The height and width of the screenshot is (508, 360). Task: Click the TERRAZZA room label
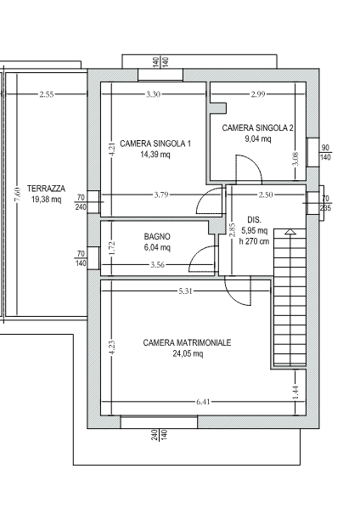click(x=46, y=189)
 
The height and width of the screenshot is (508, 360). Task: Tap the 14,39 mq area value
click(x=155, y=155)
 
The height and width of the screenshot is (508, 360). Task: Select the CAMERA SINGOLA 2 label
click(x=258, y=128)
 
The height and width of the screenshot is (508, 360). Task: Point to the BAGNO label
click(x=157, y=236)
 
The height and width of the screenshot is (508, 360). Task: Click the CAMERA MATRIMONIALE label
click(x=187, y=342)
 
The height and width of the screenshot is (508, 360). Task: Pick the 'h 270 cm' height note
click(x=254, y=241)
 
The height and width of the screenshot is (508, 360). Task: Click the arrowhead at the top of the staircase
click(x=290, y=231)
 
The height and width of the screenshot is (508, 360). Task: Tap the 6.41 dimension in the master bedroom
click(x=203, y=402)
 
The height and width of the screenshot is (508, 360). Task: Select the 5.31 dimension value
click(x=185, y=291)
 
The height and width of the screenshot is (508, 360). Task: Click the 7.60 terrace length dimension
click(x=18, y=195)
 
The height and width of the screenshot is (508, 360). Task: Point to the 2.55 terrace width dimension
click(x=47, y=94)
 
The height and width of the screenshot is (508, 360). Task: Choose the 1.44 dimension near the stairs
click(x=295, y=392)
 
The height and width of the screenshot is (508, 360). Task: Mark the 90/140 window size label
click(x=325, y=153)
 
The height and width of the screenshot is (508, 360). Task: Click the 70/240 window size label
click(x=81, y=202)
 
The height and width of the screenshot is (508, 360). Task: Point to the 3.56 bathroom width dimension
click(x=157, y=265)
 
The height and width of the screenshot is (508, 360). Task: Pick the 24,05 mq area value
click(x=188, y=353)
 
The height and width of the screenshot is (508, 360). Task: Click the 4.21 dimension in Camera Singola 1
click(x=112, y=150)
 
